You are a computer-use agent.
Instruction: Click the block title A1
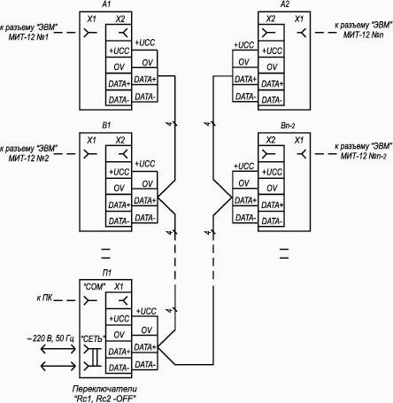106,4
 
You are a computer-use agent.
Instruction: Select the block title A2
285,4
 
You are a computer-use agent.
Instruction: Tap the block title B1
106,126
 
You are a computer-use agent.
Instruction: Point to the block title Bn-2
288,126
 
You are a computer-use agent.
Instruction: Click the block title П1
107,273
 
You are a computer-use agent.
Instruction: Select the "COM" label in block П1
95,287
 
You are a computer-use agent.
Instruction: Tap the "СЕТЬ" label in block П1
93,338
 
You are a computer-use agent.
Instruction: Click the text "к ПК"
44,298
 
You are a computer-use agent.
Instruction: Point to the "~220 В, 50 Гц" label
50,338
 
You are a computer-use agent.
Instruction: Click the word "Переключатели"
104,389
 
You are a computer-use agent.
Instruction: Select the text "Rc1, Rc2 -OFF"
104,399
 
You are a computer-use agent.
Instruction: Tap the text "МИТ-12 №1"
28,37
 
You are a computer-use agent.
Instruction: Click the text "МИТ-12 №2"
28,159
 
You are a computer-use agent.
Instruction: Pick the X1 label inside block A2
299,19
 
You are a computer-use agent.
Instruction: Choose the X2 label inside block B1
120,140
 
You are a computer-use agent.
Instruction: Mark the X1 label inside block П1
119,286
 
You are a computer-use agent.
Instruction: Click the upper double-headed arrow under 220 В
58,349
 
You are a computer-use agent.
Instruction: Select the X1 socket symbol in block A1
89,33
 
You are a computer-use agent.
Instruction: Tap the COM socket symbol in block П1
89,301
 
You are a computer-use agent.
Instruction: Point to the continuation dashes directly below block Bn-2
284,254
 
